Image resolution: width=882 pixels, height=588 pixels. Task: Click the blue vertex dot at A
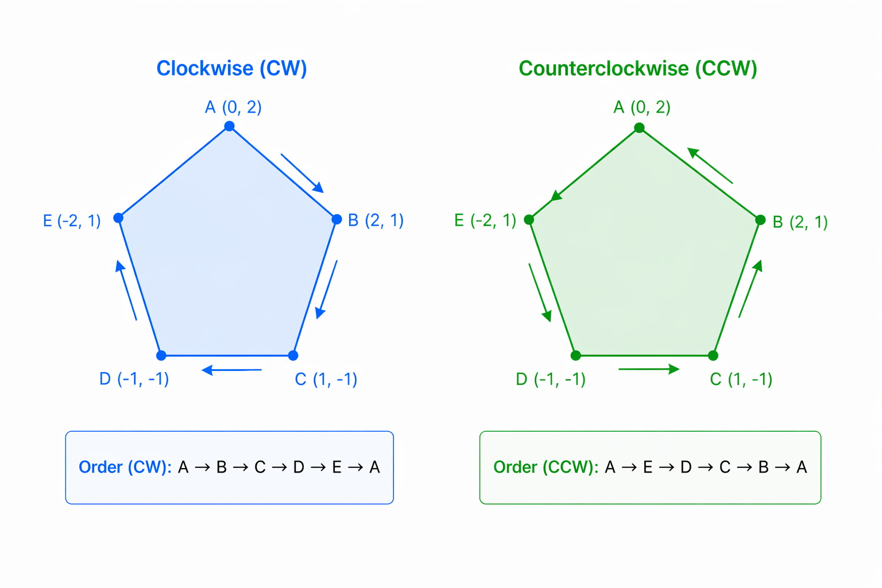coord(229,126)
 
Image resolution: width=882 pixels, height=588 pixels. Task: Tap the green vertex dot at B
coord(760,220)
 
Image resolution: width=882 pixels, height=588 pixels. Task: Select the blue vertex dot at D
coord(161,355)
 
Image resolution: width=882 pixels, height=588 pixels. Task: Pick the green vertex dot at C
coord(713,355)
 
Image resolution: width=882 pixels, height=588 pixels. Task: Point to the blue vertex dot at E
coord(118,218)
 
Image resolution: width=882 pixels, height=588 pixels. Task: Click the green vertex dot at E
coord(529,219)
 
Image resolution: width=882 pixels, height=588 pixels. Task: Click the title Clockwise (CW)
coord(231,68)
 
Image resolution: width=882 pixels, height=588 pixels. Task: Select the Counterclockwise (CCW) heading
coord(637,68)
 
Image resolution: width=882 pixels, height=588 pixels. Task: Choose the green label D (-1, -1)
coord(550,380)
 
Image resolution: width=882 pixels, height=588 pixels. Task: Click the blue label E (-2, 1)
coord(72,220)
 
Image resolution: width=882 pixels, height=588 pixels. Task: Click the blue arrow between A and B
coord(302,173)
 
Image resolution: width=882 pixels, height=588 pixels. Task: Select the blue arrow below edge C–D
coord(232,370)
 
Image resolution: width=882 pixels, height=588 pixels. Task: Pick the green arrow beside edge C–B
coord(750,289)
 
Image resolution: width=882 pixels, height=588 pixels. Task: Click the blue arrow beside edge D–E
coord(126,291)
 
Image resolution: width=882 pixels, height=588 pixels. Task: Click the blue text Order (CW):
coord(125,467)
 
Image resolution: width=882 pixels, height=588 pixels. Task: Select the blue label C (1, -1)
coord(326,380)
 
